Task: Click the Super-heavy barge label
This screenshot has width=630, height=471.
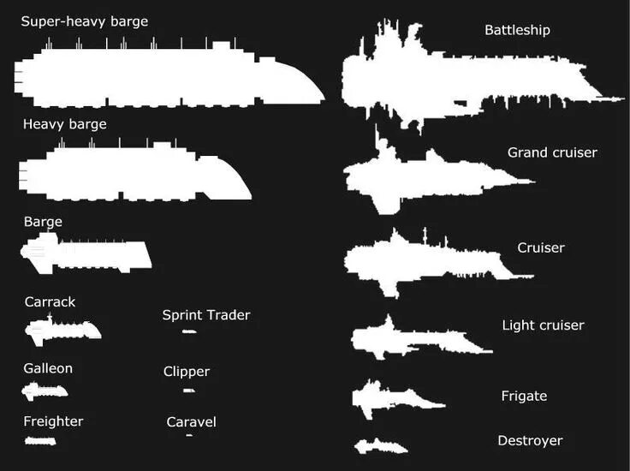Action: tap(85, 21)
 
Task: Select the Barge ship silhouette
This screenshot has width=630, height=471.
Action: tap(86, 255)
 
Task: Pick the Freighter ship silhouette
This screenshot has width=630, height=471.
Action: tap(40, 440)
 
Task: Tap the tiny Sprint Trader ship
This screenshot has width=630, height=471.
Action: tap(189, 331)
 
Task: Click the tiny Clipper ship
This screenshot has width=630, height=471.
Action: tap(189, 391)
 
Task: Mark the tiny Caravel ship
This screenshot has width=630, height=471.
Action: tap(189, 436)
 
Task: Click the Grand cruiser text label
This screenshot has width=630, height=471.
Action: tap(552, 152)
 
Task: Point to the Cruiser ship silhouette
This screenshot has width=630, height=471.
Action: tap(428, 261)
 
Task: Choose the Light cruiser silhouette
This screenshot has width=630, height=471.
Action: tap(411, 339)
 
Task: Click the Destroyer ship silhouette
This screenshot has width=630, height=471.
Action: tap(378, 446)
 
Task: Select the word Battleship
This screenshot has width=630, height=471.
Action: tap(517, 30)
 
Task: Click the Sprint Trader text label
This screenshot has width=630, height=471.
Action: tap(206, 315)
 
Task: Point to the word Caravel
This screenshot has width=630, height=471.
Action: tap(192, 421)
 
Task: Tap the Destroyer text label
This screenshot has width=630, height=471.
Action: tap(530, 440)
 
